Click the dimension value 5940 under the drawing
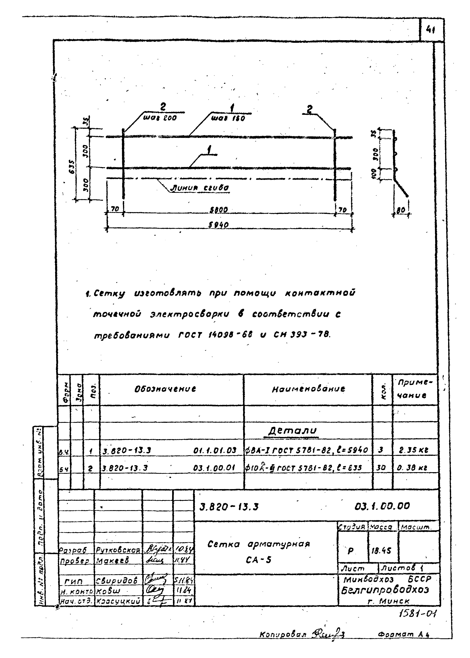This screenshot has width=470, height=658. [219, 225]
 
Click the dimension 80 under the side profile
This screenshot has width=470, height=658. [401, 211]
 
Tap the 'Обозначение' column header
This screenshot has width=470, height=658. [165, 389]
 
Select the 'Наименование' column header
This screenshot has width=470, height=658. [308, 389]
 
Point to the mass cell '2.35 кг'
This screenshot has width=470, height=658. [414, 450]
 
